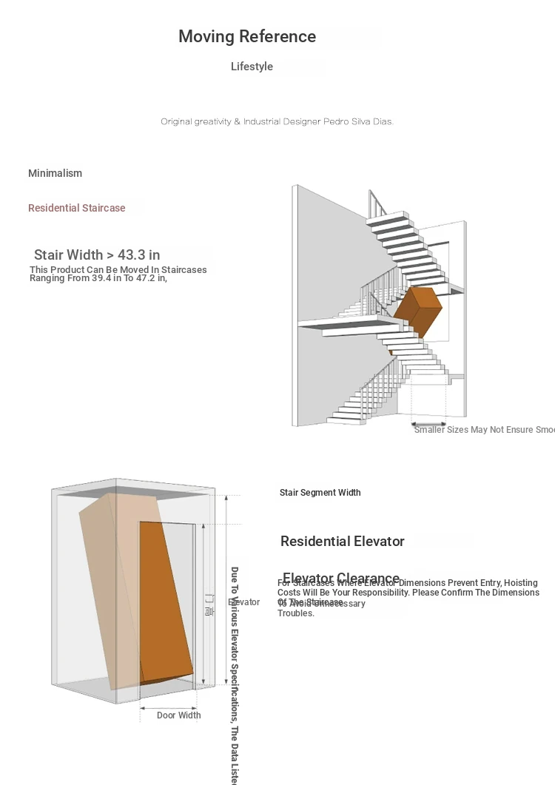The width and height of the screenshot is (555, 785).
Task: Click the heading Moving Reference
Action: [247, 36]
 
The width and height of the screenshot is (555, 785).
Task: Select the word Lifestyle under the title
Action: [252, 67]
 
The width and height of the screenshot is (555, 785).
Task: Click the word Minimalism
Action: [55, 173]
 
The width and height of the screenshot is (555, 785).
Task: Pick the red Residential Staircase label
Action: [76, 208]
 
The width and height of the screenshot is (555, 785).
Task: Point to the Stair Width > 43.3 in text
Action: [97, 255]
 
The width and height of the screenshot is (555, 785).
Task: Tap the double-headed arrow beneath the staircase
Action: [428, 425]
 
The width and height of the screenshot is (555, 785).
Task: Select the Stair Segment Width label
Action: [320, 493]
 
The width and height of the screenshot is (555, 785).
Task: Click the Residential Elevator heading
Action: [342, 542]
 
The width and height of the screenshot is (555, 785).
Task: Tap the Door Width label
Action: [178, 715]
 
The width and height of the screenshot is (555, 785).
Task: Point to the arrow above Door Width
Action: [168, 707]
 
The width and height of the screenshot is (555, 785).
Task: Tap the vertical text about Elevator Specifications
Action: [234, 673]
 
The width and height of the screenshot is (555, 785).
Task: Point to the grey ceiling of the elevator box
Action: [133, 492]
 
